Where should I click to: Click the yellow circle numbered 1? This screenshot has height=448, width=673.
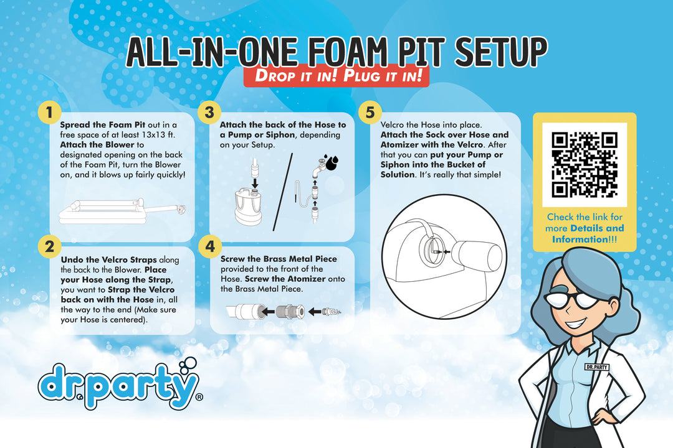coord(49,113)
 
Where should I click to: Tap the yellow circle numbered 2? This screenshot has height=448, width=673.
coord(50,246)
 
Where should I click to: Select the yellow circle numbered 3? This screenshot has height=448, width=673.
coord(209,113)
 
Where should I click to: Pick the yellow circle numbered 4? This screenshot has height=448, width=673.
coord(210,246)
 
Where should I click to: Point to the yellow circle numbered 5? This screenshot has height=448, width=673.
coord(370,113)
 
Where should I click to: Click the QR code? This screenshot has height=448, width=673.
coord(584,165)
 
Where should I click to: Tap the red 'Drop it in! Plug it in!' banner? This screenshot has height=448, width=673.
coord(336,76)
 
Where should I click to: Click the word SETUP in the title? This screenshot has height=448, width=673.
coord(501,52)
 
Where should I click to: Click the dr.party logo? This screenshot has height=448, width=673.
coord(120,384)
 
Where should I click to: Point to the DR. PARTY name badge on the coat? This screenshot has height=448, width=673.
coord(597,367)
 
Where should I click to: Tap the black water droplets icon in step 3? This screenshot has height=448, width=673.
coord(332,162)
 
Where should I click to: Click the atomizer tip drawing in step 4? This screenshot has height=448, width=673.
coord(332,311)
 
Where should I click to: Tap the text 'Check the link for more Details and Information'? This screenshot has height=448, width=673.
coord(584,228)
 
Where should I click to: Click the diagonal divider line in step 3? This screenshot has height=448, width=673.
coord(283,192)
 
